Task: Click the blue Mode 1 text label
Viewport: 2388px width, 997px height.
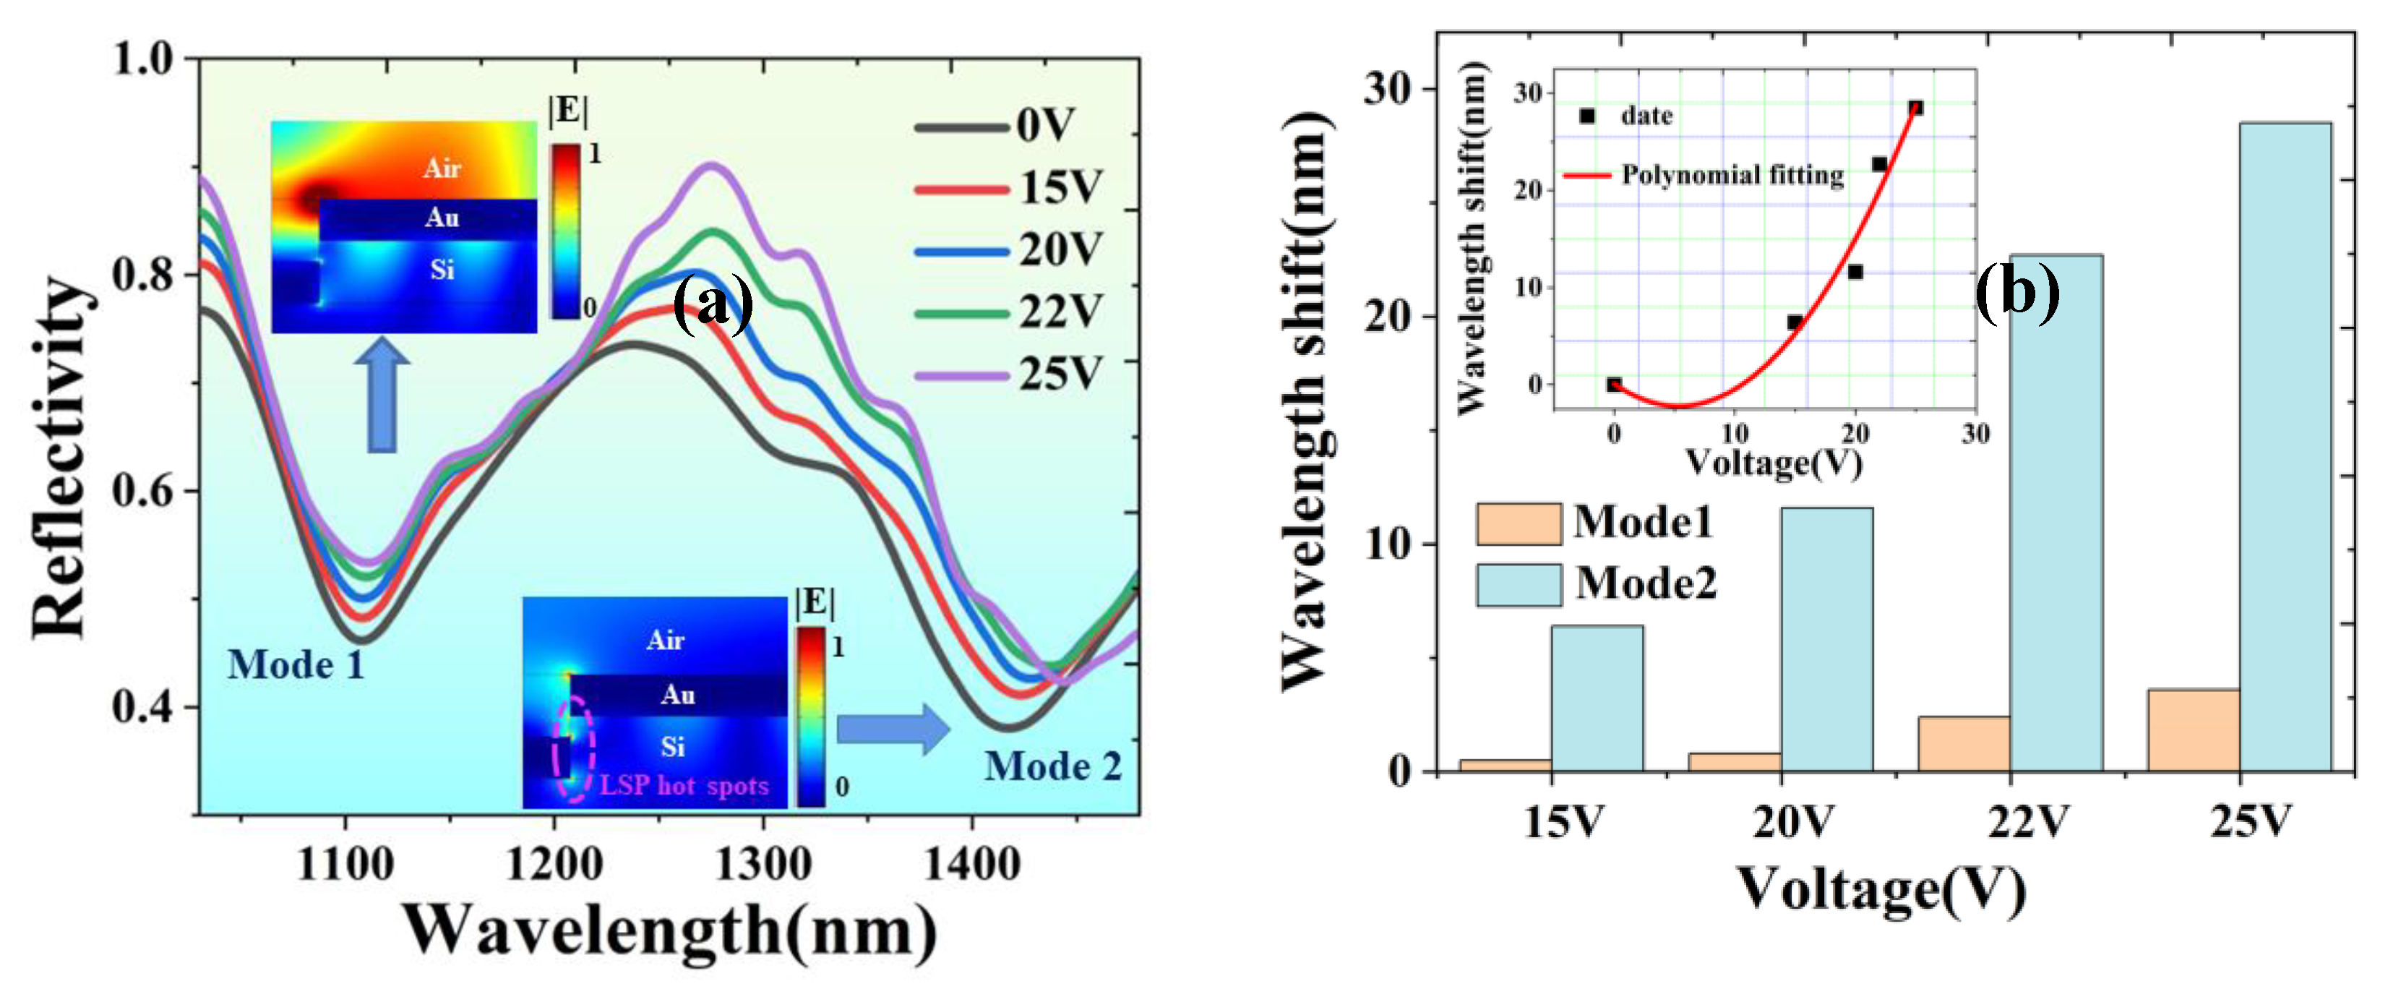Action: [296, 665]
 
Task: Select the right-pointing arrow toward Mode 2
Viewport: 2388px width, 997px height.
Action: [893, 729]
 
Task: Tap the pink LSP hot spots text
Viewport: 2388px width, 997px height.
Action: [684, 786]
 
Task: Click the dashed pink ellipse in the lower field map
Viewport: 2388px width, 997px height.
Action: [573, 748]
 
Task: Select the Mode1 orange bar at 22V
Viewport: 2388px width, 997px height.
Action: [1964, 743]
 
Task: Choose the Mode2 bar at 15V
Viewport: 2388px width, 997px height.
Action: [1597, 698]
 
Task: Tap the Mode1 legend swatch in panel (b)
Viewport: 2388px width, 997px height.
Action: [1519, 524]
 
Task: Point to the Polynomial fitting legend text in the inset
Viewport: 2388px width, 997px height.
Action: [1732, 174]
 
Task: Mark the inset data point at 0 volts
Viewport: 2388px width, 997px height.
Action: [1614, 385]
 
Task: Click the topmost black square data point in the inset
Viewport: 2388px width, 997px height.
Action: [1915, 108]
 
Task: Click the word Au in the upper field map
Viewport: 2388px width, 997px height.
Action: [442, 217]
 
